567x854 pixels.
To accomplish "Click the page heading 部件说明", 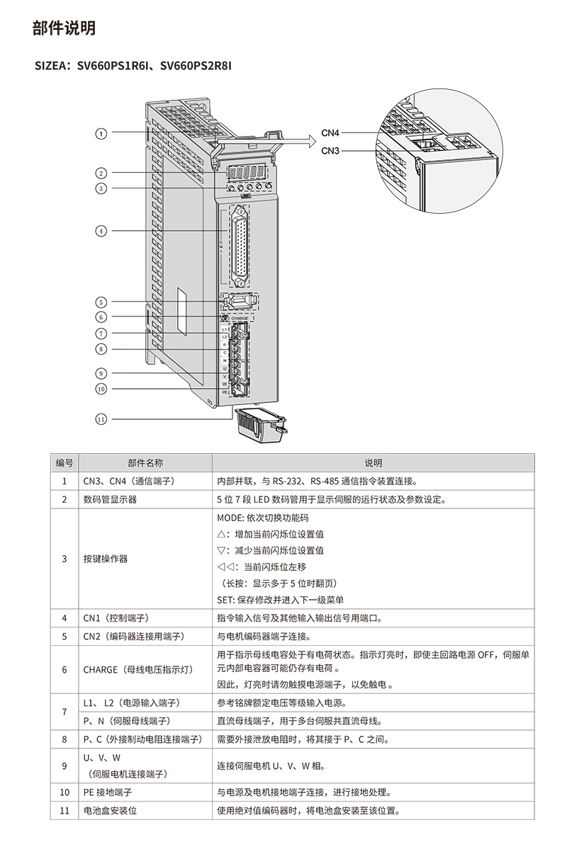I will pos(64,28).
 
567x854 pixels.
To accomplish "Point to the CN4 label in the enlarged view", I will pos(330,132).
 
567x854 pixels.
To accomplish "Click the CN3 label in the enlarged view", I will pos(330,150).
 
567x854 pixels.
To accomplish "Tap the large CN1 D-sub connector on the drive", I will pos(242,245).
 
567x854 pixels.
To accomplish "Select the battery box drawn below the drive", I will pos(259,425).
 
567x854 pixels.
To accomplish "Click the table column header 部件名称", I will pos(145,463).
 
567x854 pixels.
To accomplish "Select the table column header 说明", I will pos(373,463).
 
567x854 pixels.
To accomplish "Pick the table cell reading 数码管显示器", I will pos(110,499).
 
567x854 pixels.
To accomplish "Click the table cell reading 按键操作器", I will pos(106,559).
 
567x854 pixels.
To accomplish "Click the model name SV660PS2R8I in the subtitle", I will pos(196,67).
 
